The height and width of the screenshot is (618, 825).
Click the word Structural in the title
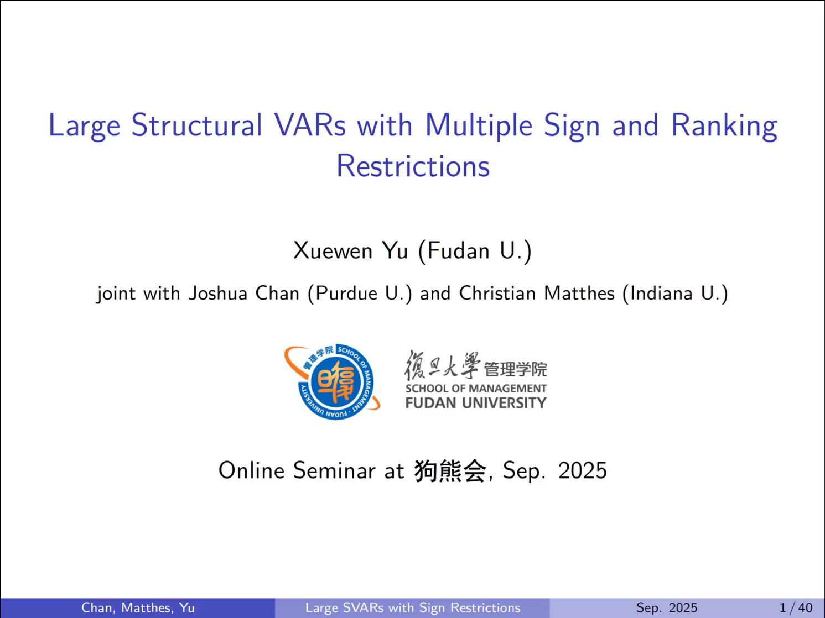[196, 125]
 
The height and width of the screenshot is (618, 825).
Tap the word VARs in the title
[310, 125]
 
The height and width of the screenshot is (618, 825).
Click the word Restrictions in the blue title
[413, 166]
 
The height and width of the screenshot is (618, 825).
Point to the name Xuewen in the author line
[333, 250]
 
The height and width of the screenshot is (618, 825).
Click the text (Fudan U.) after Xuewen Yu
[475, 251]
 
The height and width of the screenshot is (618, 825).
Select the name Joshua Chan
[244, 293]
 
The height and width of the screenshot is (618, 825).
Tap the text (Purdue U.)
[360, 294]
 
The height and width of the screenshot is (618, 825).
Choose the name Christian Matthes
[537, 293]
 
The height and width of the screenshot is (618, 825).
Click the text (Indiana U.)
[676, 294]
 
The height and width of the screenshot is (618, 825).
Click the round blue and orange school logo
[332, 382]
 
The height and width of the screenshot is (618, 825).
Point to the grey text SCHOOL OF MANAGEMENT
[476, 388]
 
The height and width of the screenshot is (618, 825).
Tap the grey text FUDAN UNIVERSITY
[476, 403]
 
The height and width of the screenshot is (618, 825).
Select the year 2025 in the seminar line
[583, 470]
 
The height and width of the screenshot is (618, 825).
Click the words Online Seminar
[297, 470]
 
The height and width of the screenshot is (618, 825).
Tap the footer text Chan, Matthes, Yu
[138, 608]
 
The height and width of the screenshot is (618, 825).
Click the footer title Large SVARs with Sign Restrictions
[413, 608]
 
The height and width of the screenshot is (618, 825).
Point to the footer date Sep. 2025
[667, 608]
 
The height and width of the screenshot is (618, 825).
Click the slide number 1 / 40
[796, 608]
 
